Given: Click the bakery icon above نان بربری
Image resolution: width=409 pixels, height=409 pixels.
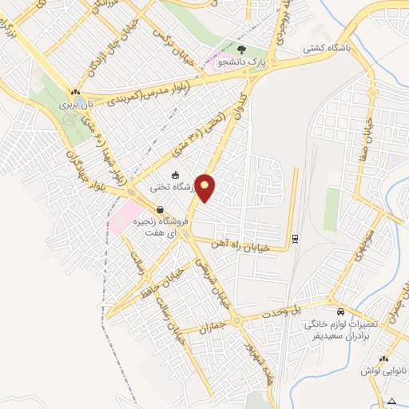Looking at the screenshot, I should pos(75,92).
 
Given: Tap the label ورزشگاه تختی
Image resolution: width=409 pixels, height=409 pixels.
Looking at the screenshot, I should pos(175,189).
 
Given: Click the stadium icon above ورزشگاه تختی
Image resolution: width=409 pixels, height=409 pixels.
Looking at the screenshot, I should pos(175,176).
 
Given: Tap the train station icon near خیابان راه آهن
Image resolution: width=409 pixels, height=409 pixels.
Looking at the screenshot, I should pos(295,237).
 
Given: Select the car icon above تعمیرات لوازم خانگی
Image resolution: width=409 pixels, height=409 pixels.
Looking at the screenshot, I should pos(341,311).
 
